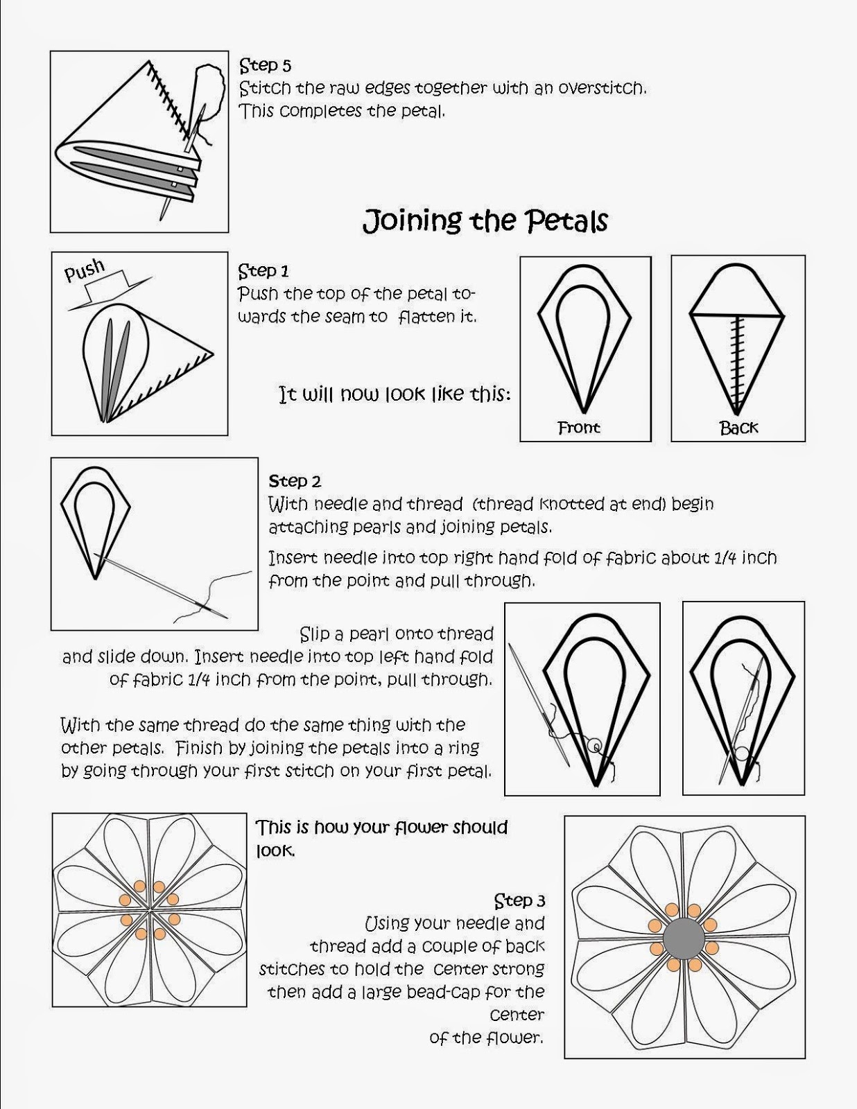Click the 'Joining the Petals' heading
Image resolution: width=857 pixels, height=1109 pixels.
pos(485,222)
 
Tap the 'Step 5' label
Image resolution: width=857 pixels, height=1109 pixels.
pos(266,65)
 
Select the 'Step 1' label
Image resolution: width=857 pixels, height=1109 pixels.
pos(263,271)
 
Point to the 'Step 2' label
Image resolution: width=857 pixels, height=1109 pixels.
pos(295,481)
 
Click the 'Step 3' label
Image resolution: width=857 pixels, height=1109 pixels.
pos(519,901)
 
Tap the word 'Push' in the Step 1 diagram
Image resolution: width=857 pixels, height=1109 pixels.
pos(85,270)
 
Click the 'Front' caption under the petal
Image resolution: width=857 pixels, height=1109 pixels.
pos(579,428)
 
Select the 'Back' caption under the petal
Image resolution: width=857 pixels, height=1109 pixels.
pos(738,428)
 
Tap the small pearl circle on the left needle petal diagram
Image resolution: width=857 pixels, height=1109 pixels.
pos(594,746)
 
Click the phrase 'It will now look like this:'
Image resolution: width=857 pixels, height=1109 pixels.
pos(395,394)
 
